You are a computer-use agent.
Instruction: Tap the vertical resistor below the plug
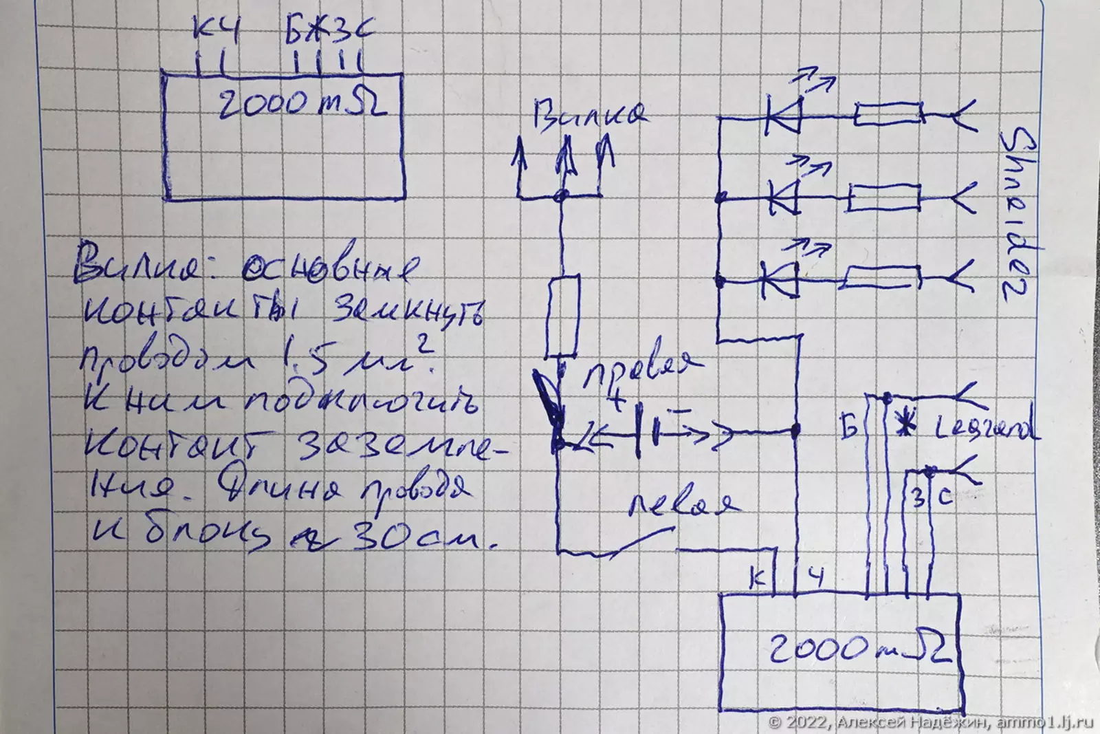click(563, 316)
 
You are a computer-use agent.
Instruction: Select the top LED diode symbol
click(784, 116)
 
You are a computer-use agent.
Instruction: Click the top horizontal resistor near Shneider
click(887, 115)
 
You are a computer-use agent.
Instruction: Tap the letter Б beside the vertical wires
click(848, 429)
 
